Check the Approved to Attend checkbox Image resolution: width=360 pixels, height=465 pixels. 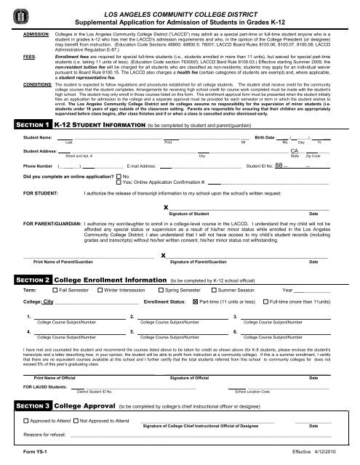coord(27,421)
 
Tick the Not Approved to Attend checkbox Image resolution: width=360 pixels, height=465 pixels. coord(76,421)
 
